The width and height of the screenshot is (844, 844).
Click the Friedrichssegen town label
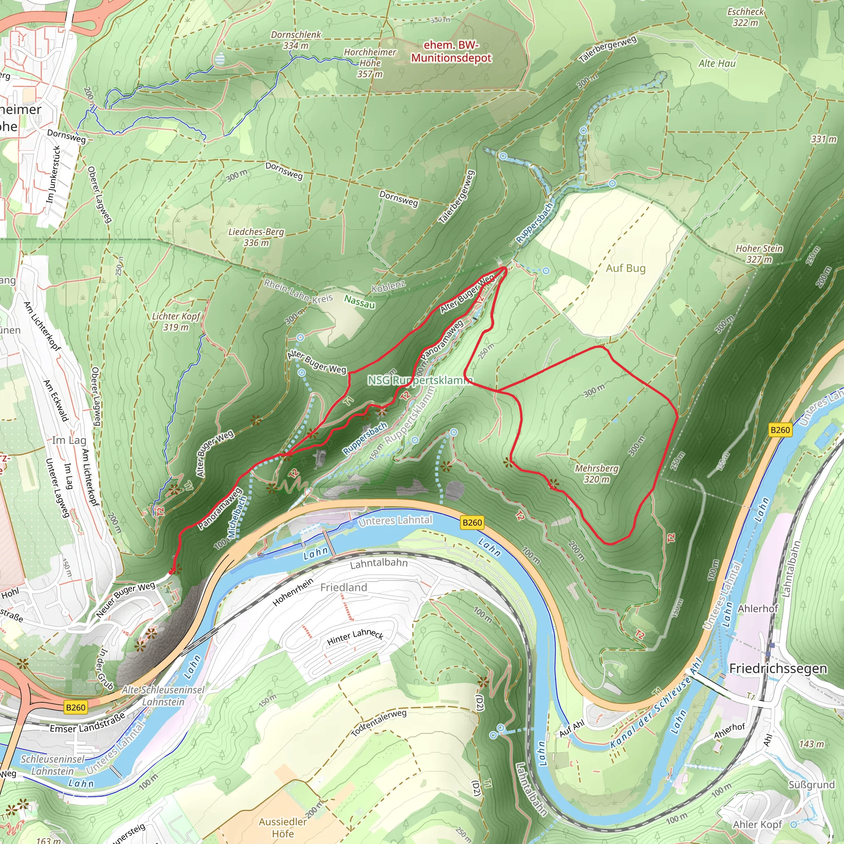[778, 668]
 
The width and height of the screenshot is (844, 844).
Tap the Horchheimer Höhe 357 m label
[370, 63]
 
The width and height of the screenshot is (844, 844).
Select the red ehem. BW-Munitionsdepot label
[451, 52]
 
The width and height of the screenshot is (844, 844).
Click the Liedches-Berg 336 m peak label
[256, 237]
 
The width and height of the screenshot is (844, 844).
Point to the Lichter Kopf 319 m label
[176, 321]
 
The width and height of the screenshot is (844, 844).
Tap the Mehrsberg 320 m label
[596, 474]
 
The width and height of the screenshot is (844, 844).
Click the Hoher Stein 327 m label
[759, 254]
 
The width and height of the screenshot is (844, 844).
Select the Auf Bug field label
[626, 268]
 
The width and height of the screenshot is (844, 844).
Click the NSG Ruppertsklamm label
[420, 380]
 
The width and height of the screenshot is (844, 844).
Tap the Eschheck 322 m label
[745, 17]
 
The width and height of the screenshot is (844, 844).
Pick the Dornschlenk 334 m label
[296, 40]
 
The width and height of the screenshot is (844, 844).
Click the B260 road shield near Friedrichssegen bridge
[780, 430]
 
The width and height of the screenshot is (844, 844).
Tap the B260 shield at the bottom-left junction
[75, 707]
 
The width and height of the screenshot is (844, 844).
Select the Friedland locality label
[344, 588]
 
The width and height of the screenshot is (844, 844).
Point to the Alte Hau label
[717, 63]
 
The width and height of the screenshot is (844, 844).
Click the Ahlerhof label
[758, 609]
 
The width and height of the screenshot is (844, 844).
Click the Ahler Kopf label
[757, 824]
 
